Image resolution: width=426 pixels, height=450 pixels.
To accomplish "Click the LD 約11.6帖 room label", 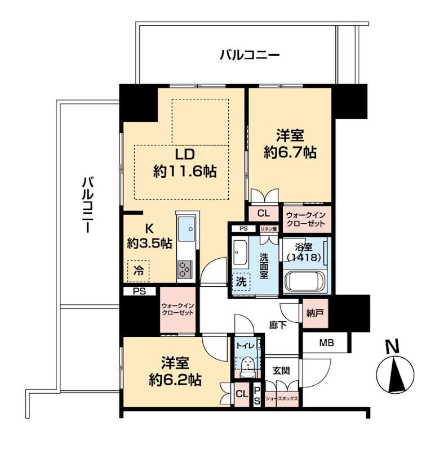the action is (185, 163).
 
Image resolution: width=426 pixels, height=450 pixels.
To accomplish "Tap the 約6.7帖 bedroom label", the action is (290, 144).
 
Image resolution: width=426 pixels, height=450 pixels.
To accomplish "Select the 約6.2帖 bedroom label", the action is (175, 371).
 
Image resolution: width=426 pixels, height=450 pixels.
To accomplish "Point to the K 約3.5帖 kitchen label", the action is (149, 236).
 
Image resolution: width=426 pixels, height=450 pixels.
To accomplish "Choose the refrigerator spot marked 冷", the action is (139, 271).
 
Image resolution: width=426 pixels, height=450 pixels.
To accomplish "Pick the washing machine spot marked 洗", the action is (242, 282).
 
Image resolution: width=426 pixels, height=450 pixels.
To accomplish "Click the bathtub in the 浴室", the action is (305, 282).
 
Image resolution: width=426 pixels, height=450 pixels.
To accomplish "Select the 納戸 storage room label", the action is (316, 313).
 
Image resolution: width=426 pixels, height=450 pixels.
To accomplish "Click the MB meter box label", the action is (327, 343).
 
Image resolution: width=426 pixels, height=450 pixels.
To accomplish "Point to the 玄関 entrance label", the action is (281, 371).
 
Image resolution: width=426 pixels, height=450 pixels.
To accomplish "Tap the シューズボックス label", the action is (282, 399).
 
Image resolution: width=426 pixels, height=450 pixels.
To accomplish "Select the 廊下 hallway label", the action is (278, 325).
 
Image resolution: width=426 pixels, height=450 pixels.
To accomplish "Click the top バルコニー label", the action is (250, 55).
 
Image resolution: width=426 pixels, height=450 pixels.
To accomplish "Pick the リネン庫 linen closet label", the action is (268, 229).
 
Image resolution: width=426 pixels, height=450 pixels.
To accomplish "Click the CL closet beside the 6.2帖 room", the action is (242, 394).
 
